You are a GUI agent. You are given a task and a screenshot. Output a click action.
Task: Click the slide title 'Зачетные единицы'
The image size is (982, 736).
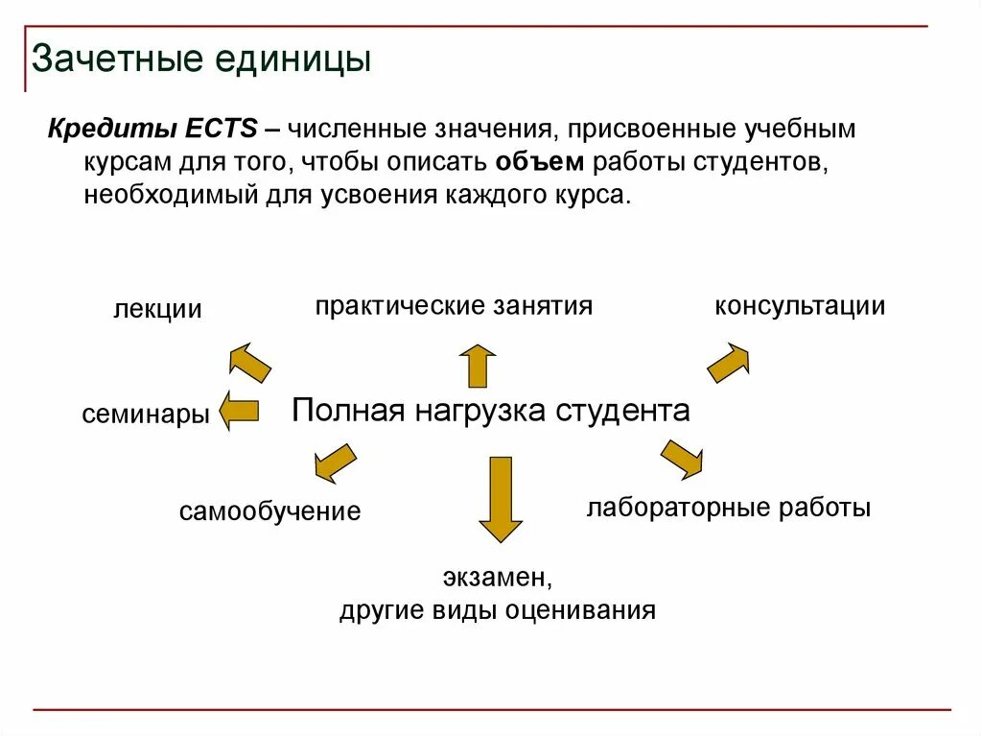200,59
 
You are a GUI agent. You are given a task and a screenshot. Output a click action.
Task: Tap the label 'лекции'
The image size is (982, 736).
157,310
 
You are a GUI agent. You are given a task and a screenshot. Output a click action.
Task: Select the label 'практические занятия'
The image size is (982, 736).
454,306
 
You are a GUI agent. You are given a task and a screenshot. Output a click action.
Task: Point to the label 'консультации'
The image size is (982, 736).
799,306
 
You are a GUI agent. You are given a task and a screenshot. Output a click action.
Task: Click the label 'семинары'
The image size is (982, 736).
146,415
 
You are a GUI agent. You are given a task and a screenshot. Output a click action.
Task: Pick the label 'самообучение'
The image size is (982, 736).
269,511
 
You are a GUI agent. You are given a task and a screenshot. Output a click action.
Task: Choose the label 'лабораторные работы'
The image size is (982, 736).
728,508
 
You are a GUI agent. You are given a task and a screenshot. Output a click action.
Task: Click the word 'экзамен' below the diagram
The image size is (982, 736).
498,579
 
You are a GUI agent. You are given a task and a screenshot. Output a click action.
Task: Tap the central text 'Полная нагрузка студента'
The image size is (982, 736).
490,411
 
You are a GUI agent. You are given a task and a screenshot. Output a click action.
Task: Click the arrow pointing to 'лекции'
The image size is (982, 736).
250,361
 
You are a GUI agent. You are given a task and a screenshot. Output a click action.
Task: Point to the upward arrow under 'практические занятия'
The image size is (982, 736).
477,365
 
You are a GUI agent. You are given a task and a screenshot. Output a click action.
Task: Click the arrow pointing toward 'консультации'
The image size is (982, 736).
729,363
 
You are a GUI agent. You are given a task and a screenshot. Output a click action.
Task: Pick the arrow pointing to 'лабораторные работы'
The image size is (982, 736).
681,459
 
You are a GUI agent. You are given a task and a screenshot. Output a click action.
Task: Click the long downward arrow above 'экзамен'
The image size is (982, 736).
500,499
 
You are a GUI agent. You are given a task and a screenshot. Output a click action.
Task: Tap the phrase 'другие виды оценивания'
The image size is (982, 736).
497,611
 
